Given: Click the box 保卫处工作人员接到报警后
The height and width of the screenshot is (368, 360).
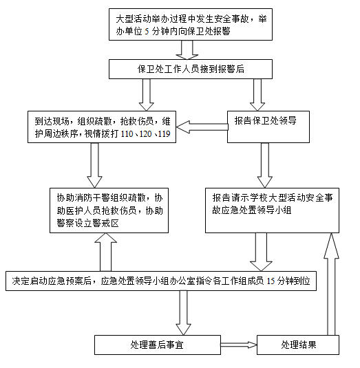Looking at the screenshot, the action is pyautogui.click(x=191, y=69).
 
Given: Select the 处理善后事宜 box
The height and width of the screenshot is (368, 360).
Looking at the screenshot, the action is pyautogui.click(x=158, y=345).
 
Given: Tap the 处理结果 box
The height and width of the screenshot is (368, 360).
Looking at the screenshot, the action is pyautogui.click(x=298, y=345).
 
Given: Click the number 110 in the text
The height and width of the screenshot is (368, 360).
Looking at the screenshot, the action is pyautogui.click(x=127, y=134).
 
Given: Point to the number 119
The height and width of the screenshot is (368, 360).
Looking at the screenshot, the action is pyautogui.click(x=164, y=134).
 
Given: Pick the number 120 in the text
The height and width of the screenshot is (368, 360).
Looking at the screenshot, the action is pyautogui.click(x=146, y=134).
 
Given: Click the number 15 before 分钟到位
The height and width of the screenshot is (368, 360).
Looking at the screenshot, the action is pyautogui.click(x=271, y=281).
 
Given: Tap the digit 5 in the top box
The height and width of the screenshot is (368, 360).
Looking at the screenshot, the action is pyautogui.click(x=147, y=32).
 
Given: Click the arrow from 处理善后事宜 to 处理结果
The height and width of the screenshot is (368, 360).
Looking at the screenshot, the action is pyautogui.click(x=239, y=345).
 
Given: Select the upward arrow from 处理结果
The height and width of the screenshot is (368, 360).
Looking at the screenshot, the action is pyautogui.click(x=331, y=284).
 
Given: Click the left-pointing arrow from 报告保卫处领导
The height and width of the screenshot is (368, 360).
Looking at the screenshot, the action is pyautogui.click(x=202, y=127).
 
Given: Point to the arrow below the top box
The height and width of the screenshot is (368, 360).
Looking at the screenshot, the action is pyautogui.click(x=187, y=50).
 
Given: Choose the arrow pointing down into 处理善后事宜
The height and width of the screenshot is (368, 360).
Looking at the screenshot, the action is pyautogui.click(x=183, y=313).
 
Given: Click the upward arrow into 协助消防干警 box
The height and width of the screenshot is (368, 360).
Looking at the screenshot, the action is pyautogui.click(x=105, y=252).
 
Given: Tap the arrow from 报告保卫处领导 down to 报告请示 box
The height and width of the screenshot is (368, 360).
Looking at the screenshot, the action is pyautogui.click(x=265, y=165).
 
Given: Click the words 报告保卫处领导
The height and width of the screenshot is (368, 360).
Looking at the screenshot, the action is pyautogui.click(x=266, y=120).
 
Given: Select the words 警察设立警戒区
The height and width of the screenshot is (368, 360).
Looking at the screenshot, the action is pyautogui.click(x=88, y=223).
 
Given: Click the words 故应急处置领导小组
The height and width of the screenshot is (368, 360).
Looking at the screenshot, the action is pyautogui.click(x=252, y=210).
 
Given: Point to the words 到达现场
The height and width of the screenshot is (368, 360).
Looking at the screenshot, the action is pyautogui.click(x=52, y=121).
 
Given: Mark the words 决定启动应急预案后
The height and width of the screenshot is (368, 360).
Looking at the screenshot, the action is pyautogui.click(x=52, y=281).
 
